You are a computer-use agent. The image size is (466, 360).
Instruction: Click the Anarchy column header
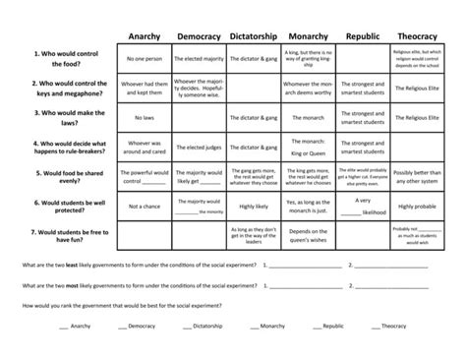145,36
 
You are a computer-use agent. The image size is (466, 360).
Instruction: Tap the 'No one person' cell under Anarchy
145,59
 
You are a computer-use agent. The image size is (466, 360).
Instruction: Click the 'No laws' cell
145,119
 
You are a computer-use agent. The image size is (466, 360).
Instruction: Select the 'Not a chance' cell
145,208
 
